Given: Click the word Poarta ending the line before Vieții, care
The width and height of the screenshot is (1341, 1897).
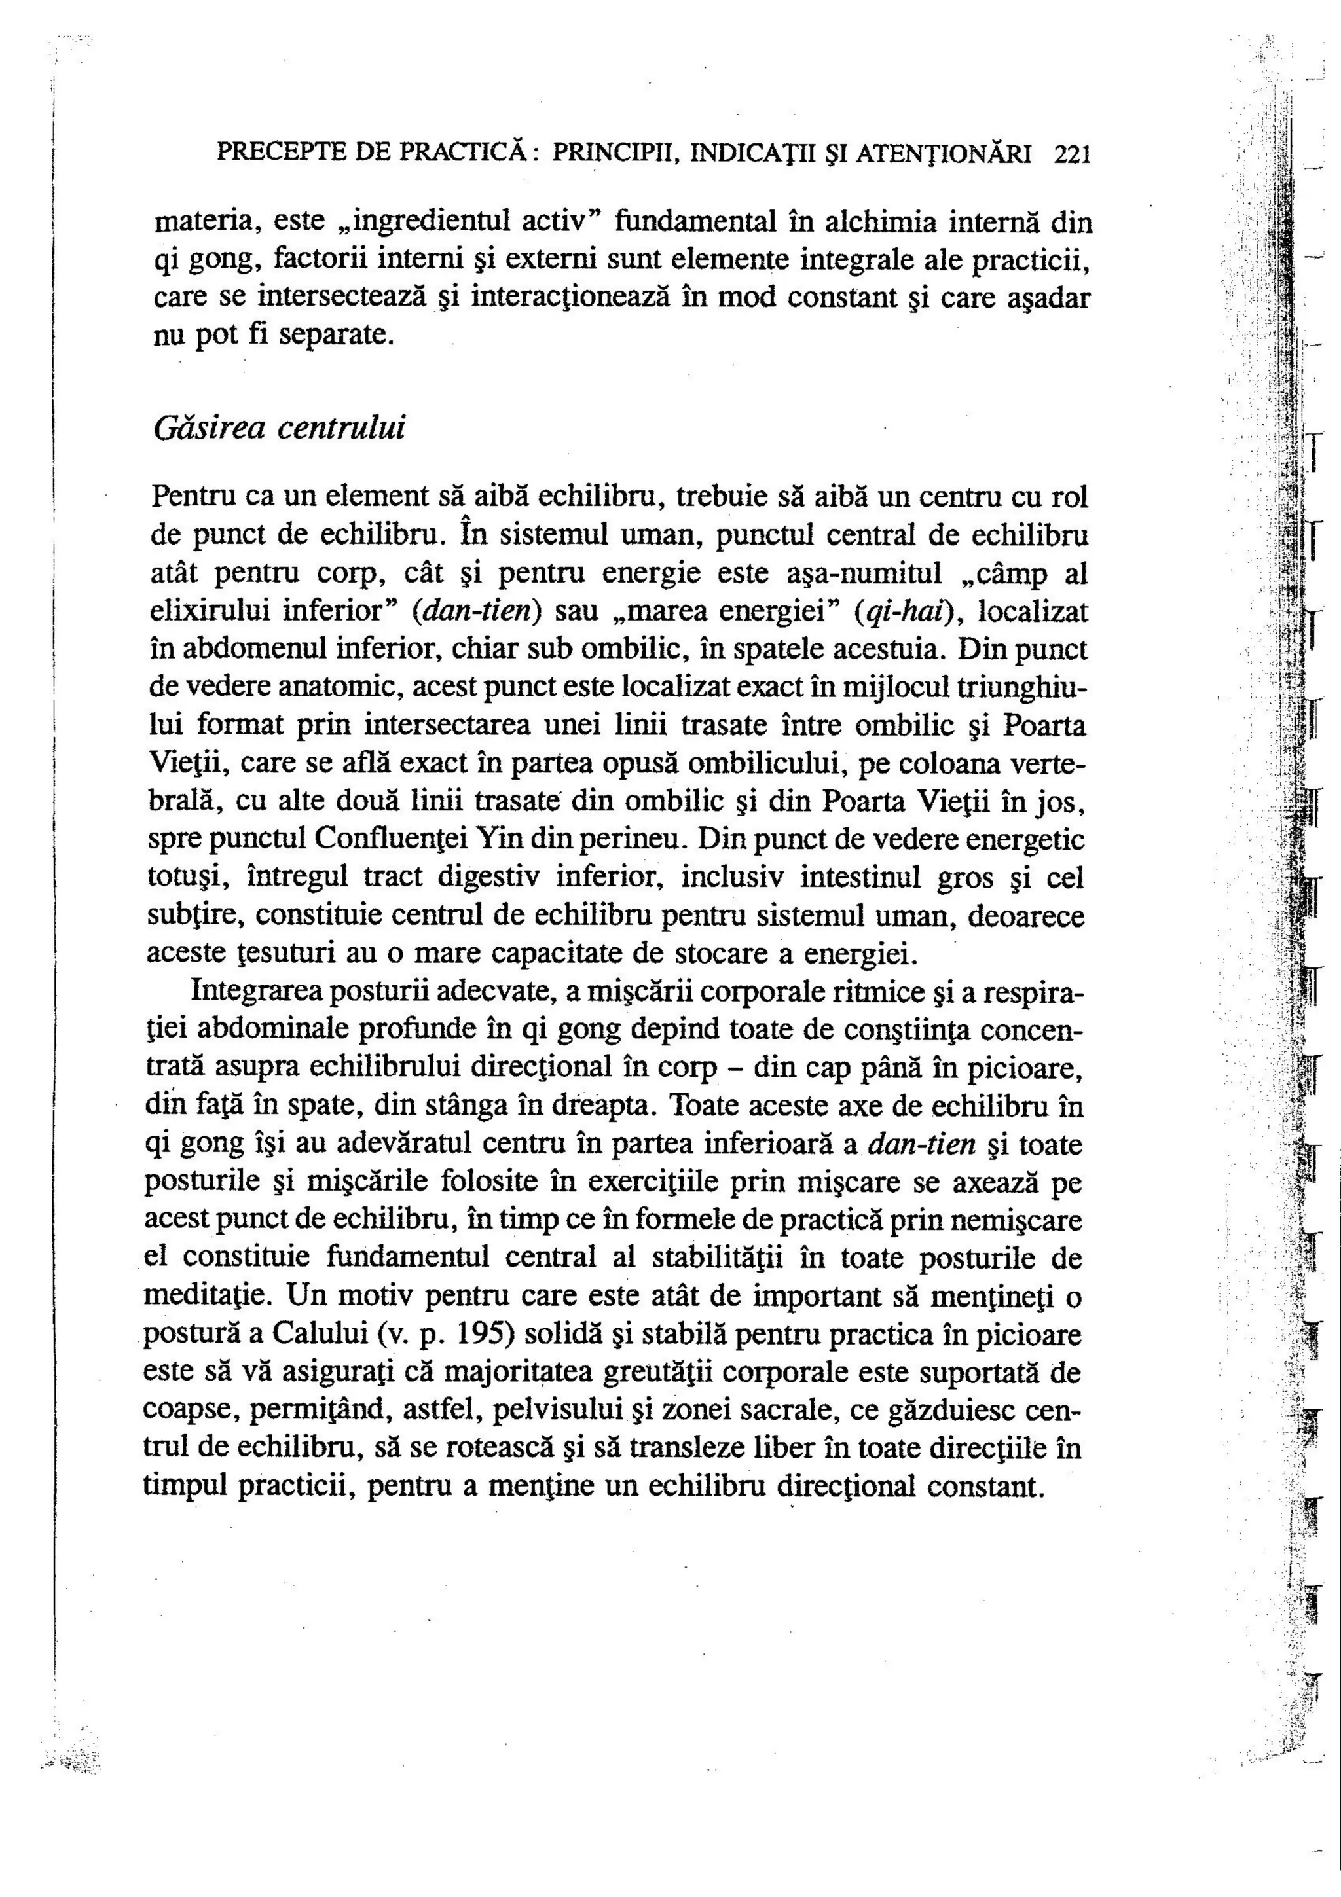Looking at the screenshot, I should click(1045, 725).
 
